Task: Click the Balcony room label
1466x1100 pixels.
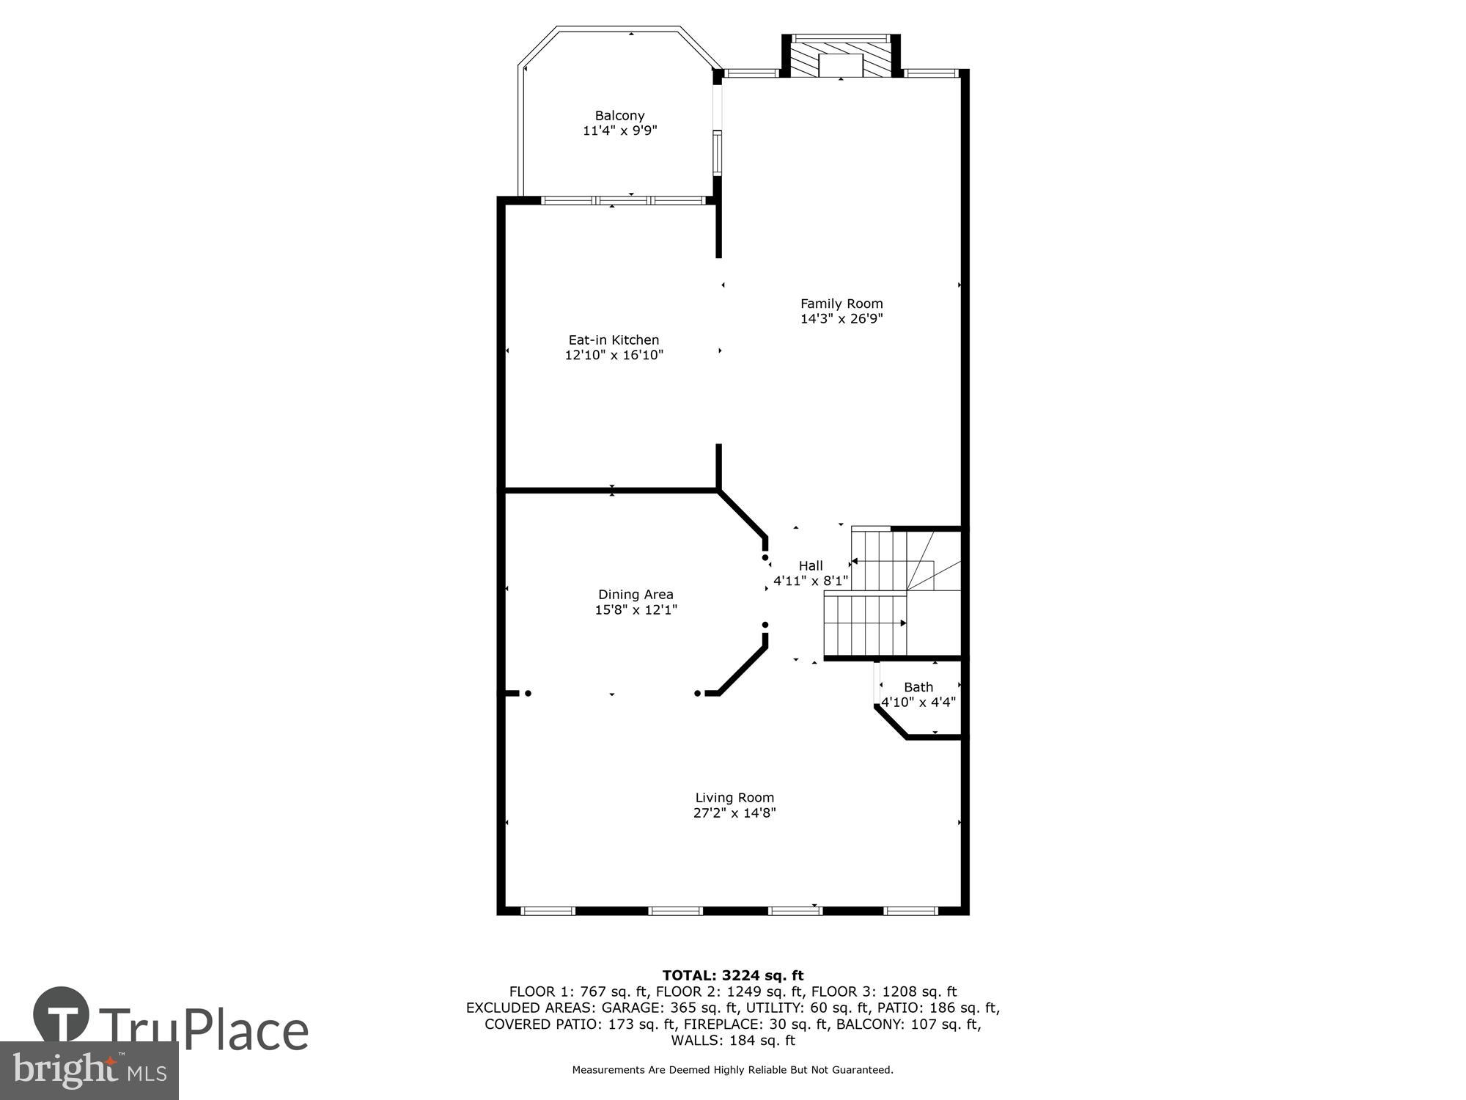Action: tap(619, 115)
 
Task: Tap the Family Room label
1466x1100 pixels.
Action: tap(841, 303)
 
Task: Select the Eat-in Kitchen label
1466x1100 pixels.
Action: tap(614, 340)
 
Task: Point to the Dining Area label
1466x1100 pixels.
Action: tap(636, 594)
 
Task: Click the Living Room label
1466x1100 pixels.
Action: tap(734, 797)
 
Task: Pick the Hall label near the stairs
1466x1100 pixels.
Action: tap(811, 565)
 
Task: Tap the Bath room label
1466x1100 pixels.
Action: tap(918, 686)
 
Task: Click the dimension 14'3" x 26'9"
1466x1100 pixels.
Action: tap(841, 319)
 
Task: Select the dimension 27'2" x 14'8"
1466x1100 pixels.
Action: tap(734, 813)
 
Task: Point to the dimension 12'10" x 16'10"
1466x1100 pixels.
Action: tap(614, 355)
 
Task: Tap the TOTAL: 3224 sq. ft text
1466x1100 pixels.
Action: tap(733, 975)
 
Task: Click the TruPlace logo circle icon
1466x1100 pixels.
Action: tap(62, 1015)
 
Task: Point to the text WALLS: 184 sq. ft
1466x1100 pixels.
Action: tap(733, 1040)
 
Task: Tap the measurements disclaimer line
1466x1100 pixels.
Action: tap(733, 1070)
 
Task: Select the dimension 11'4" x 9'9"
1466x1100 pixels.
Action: tap(619, 131)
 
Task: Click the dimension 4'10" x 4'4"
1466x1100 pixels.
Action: tap(918, 702)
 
